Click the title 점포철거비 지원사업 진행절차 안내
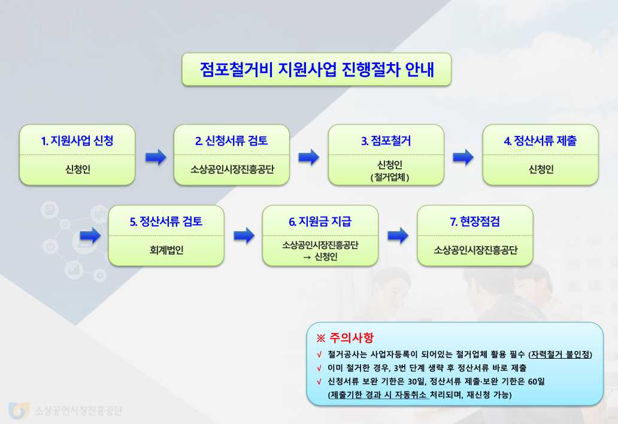[317, 69]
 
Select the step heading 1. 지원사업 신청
[77, 141]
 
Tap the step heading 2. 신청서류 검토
[232, 141]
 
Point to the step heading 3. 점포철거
[386, 141]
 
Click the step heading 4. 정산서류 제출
[541, 141]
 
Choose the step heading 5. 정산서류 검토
[166, 222]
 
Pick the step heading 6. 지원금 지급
[320, 222]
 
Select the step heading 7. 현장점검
[475, 222]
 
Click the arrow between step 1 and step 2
[155, 157]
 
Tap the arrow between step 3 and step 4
[463, 157]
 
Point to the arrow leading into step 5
[90, 235]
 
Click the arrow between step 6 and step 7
[398, 235]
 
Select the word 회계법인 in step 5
[166, 250]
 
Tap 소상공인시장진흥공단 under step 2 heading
[232, 169]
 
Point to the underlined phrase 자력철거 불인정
[561, 354]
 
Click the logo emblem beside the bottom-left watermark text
[18, 410]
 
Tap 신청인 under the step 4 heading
[541, 169]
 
